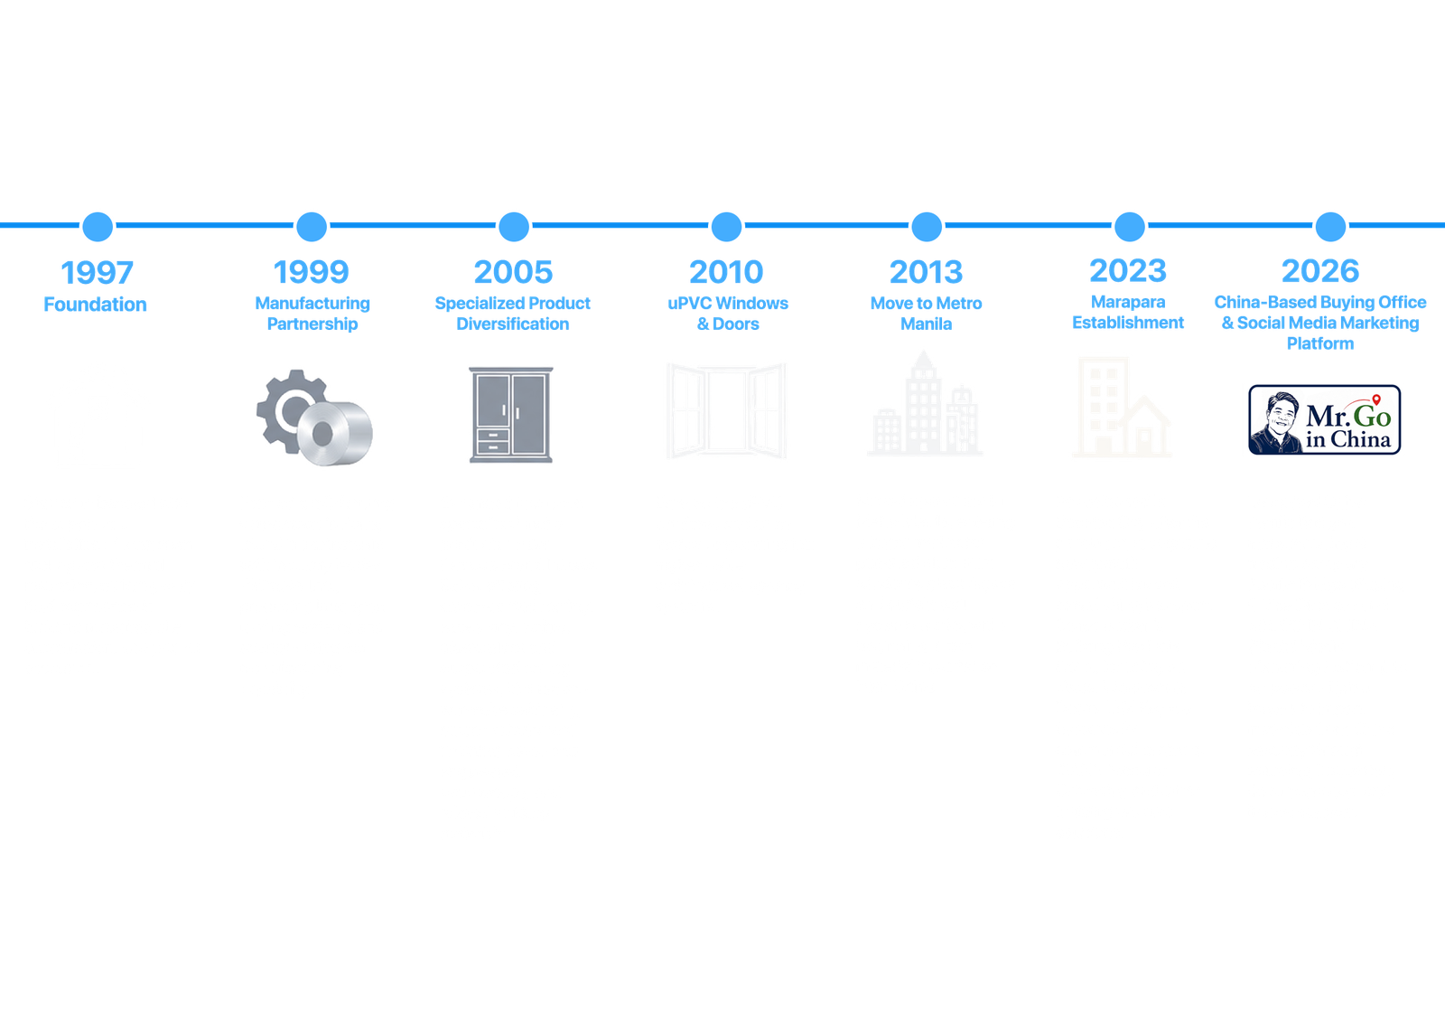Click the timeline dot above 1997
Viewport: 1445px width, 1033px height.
coord(98,227)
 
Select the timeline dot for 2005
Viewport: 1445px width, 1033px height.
coord(514,227)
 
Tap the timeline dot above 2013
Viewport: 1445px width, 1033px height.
coord(927,227)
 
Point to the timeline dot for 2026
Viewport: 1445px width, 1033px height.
coord(1331,227)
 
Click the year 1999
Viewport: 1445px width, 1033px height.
coord(312,272)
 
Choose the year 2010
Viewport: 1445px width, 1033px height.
coord(726,272)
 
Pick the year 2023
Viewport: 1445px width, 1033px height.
coord(1128,270)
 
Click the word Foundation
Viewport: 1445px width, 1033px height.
coord(96,304)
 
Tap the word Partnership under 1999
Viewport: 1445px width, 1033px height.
coord(312,324)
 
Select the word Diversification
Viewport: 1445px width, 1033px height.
coord(513,324)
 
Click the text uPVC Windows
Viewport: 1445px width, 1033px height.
coord(728,303)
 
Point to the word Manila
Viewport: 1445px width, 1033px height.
coord(927,324)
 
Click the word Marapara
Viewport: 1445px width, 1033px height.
coord(1128,302)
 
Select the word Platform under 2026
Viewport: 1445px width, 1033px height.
coord(1320,343)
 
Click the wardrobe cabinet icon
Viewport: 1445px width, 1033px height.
coord(511,415)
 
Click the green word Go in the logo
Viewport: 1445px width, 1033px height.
coord(1372,416)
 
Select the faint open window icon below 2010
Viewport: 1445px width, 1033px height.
coord(726,410)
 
